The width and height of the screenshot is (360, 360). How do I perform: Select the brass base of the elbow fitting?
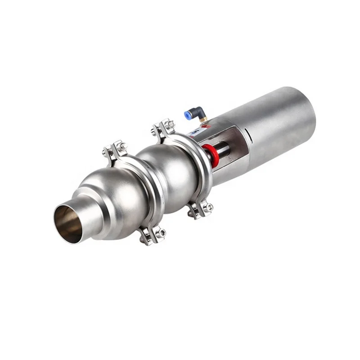[203, 120]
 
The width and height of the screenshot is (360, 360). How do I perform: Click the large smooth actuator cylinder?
[274, 126]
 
